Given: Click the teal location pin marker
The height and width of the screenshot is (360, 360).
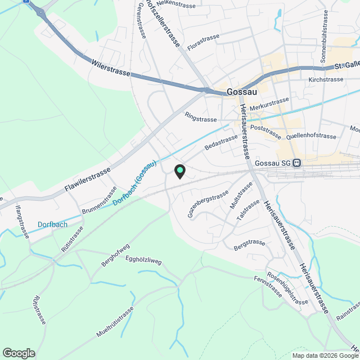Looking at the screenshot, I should click(x=179, y=170).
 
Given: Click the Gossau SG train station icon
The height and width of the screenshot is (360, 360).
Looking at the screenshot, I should click(x=297, y=163).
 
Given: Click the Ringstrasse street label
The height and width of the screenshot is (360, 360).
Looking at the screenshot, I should click(x=200, y=119).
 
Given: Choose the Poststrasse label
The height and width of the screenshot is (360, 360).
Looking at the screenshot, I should click(x=265, y=128).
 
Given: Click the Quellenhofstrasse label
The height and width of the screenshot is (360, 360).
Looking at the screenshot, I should click(x=311, y=136).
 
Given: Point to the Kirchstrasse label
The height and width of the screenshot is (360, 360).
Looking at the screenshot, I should click(x=326, y=80).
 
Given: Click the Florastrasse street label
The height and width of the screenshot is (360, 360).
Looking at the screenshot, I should click(x=203, y=42).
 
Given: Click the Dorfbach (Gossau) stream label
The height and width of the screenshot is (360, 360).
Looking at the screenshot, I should click(x=135, y=183).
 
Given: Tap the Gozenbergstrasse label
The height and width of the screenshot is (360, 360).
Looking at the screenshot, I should click(x=208, y=204).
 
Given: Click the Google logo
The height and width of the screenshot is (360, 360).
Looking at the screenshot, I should click(x=19, y=353).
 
